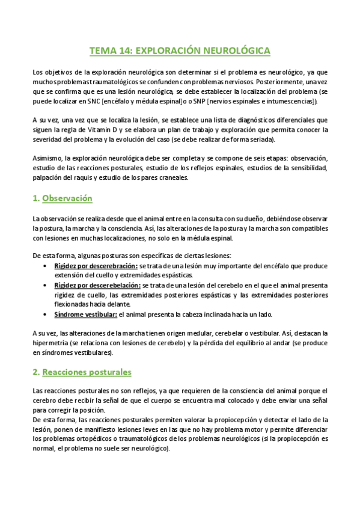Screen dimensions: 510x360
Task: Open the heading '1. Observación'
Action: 62,198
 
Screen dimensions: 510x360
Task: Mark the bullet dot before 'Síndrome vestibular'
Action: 46,313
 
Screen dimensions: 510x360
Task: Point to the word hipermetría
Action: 51,343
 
